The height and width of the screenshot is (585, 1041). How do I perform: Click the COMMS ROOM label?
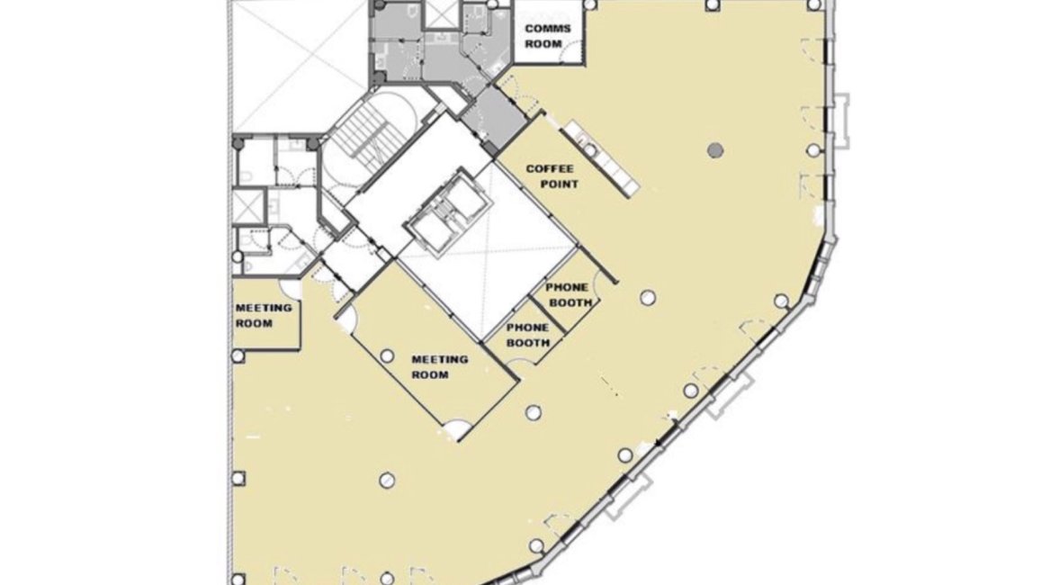click(x=548, y=37)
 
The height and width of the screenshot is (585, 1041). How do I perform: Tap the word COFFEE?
click(x=550, y=168)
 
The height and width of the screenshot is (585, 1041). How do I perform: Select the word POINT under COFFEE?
click(x=559, y=184)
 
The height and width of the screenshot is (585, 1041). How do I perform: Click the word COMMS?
click(x=548, y=29)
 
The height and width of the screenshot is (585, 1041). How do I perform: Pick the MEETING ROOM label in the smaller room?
click(x=264, y=315)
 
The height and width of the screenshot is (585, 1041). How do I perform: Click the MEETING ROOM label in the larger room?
click(x=439, y=367)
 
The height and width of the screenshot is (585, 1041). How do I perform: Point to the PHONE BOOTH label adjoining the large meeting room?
click(x=528, y=336)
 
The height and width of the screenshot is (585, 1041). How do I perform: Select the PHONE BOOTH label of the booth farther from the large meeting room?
click(x=569, y=295)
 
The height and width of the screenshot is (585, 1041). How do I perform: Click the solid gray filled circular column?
click(x=715, y=150)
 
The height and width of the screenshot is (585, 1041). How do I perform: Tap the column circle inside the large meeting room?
click(x=387, y=356)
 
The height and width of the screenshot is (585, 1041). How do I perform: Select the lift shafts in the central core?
click(x=448, y=211)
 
